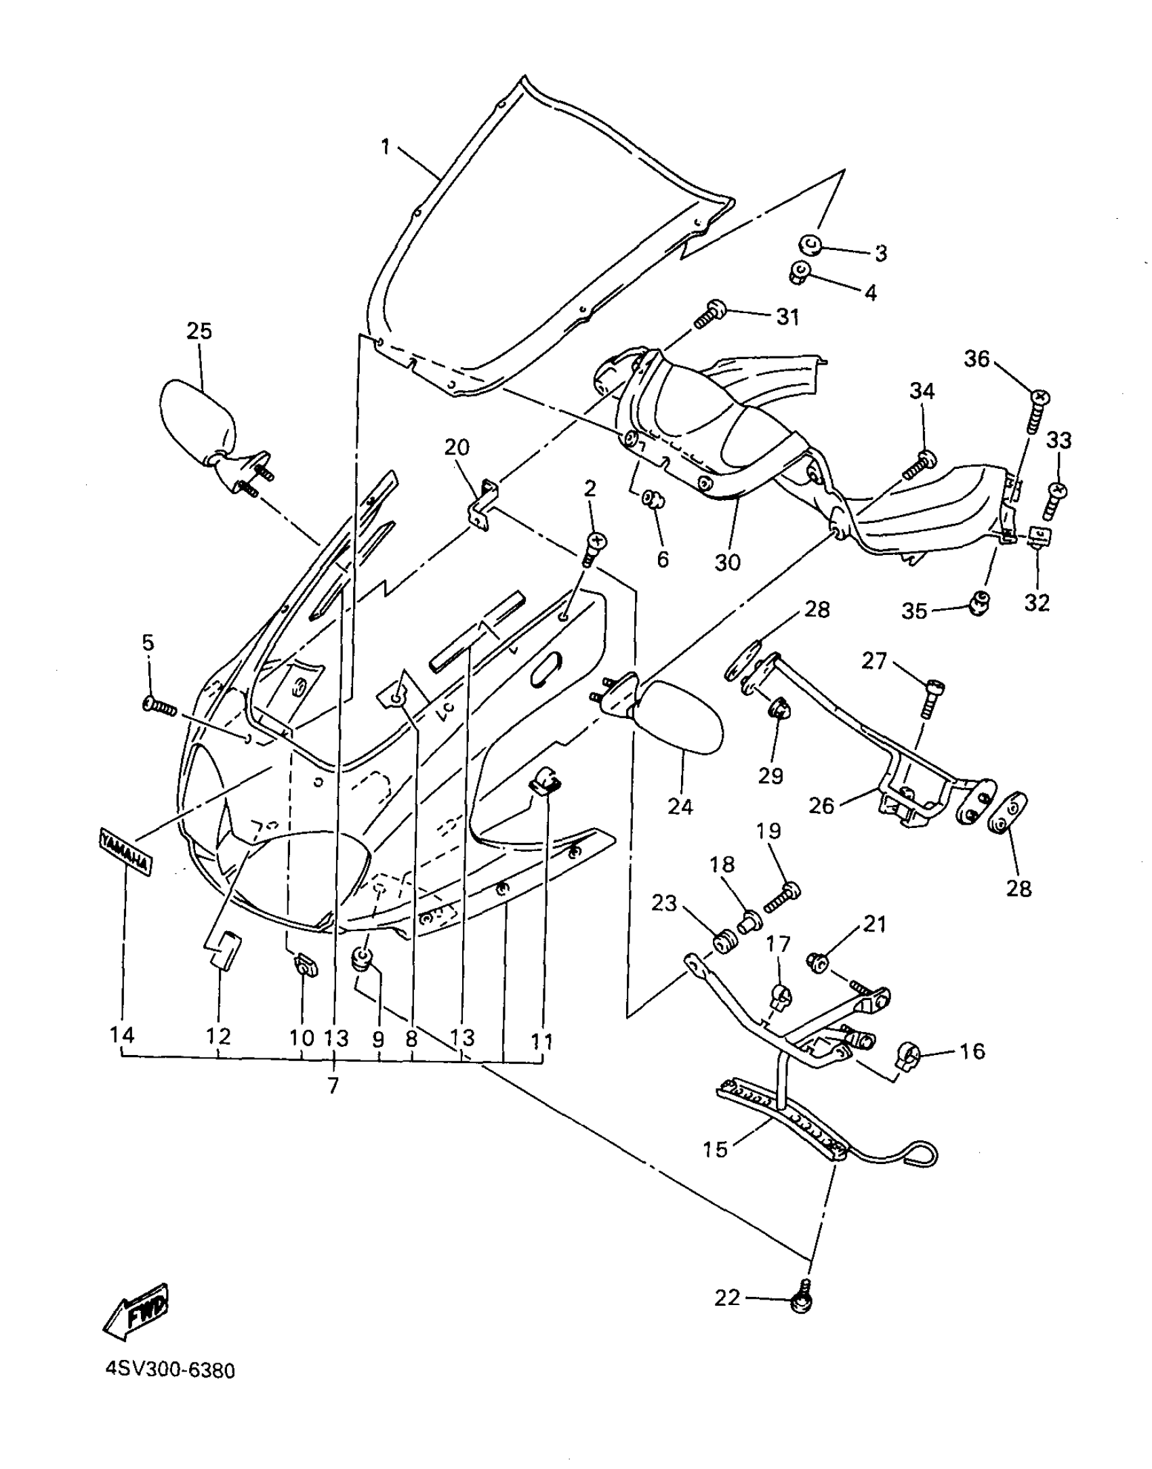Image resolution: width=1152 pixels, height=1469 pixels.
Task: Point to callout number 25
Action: [199, 331]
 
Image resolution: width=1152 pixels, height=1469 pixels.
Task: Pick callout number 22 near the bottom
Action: [728, 1298]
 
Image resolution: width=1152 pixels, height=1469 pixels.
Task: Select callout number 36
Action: [977, 358]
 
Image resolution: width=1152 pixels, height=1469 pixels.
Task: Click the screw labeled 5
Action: [160, 707]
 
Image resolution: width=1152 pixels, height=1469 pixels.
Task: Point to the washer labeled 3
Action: [810, 245]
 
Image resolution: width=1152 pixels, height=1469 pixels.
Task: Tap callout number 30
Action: [728, 562]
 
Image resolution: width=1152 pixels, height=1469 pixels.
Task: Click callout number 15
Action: [715, 1149]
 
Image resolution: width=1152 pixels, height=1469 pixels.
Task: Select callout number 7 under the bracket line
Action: [333, 1085]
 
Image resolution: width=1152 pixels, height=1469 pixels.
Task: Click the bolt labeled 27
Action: [932, 697]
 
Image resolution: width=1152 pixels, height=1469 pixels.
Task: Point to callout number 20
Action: [457, 447]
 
